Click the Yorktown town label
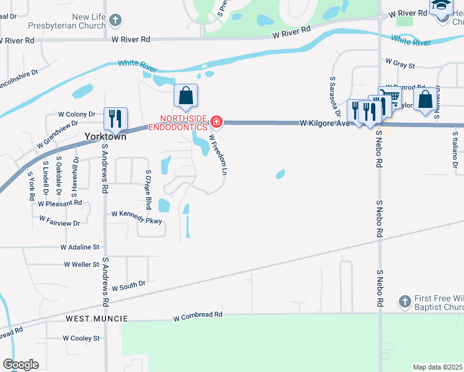coord(105,136)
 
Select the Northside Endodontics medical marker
coord(216,121)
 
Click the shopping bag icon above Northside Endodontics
coord(185,96)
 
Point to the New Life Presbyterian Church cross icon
coord(115,21)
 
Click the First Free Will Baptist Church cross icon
coord(404,301)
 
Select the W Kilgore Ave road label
coord(325,123)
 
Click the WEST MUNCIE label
coord(97,318)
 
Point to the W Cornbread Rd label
coord(197,316)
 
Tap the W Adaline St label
coord(80,247)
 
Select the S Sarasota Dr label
coord(334,96)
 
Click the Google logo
coord(20,365)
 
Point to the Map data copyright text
coord(438,367)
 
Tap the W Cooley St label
coord(81,338)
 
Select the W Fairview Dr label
coord(60,221)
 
